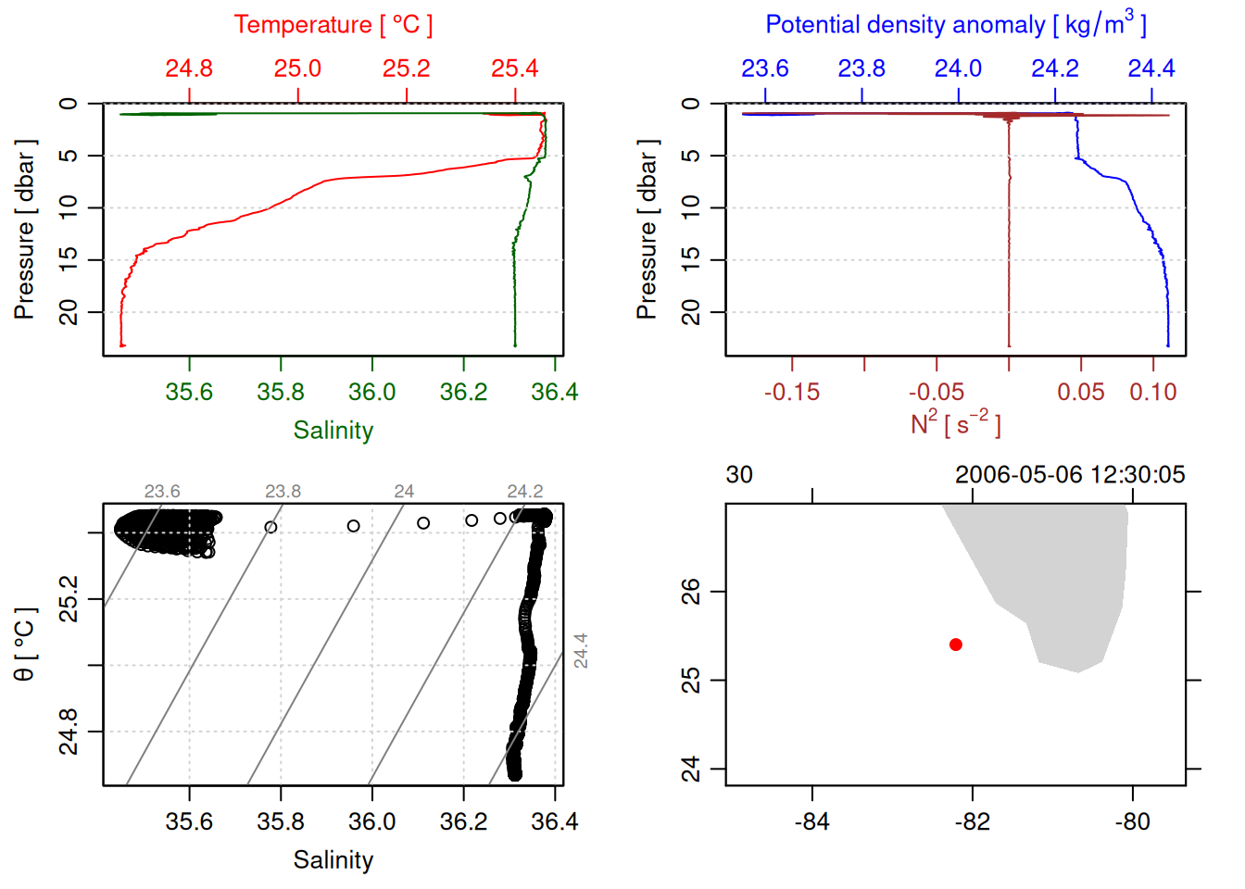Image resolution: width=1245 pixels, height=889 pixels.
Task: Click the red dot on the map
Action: point(955,645)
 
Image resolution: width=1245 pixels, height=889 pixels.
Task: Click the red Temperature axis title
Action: point(333,25)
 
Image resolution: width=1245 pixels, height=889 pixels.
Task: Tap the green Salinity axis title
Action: point(333,431)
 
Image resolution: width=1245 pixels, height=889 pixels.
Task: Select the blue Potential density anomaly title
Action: point(955,25)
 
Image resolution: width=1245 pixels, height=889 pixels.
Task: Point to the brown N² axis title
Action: point(955,423)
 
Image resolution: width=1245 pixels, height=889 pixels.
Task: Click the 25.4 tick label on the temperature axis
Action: point(514,69)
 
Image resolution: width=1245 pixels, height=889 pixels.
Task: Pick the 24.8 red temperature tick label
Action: point(189,69)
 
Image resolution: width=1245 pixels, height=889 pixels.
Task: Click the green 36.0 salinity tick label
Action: point(371,393)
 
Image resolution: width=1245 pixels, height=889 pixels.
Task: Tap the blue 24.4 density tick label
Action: point(1151,69)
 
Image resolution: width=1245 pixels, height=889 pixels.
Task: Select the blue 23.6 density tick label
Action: point(765,69)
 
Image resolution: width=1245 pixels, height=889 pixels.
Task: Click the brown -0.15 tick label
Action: point(792,393)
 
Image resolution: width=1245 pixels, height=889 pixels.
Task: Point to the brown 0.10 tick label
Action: point(1152,393)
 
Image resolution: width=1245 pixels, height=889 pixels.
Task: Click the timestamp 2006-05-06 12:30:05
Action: point(1070,475)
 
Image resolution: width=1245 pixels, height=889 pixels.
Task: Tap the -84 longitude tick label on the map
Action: point(811,821)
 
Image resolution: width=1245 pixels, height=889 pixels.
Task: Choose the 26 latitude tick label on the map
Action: point(691,591)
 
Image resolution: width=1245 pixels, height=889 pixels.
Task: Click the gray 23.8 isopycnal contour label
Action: point(283,492)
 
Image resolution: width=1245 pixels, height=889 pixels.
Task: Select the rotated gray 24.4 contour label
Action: point(581,650)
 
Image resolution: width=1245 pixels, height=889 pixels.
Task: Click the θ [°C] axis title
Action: point(25,645)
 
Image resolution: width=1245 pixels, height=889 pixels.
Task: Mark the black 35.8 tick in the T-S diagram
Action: point(281,821)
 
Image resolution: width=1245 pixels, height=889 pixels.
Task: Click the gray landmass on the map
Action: point(1065,574)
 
